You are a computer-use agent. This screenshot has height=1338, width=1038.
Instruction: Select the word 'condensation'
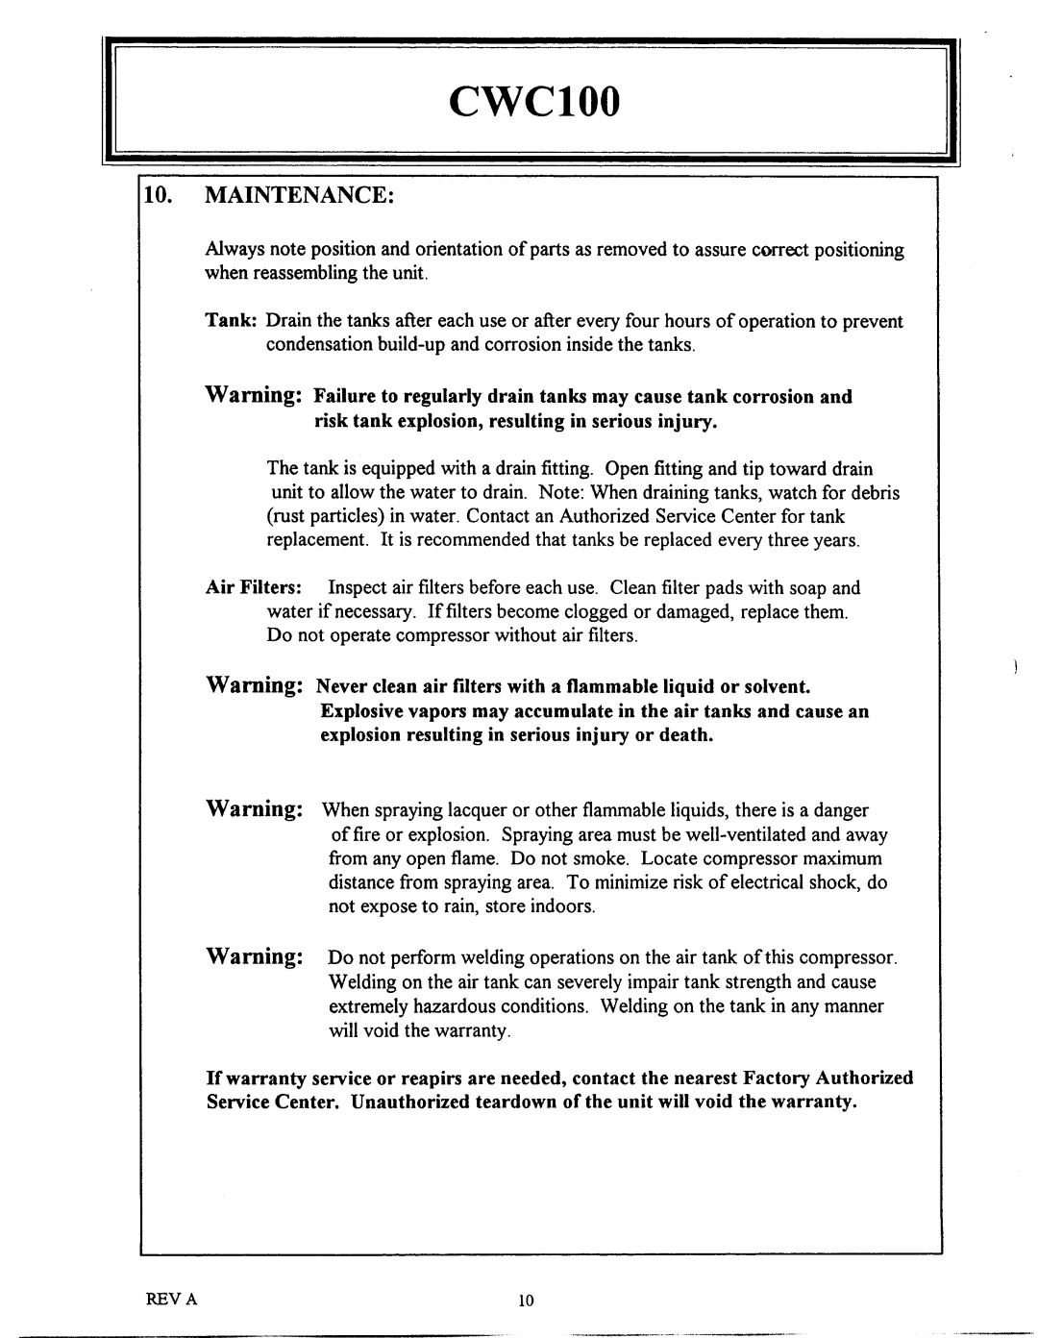click(x=319, y=345)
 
